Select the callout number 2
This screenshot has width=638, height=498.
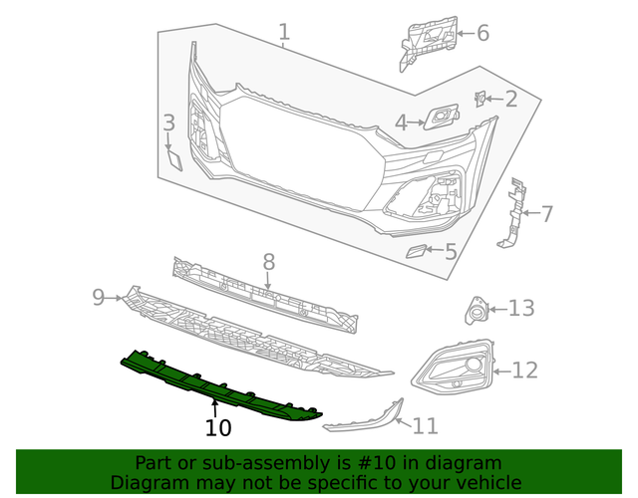[x=510, y=99]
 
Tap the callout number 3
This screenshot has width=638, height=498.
[x=168, y=124]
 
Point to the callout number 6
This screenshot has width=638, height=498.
[x=482, y=33]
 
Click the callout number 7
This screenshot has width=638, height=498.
[x=545, y=212]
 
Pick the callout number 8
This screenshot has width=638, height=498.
[x=268, y=262]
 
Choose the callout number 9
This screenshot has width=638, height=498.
[x=99, y=296]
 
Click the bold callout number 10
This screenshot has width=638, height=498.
[x=218, y=428]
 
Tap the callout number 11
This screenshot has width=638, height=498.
[x=425, y=426]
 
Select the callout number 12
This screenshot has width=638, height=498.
[x=524, y=371]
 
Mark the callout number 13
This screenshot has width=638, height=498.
[x=521, y=309]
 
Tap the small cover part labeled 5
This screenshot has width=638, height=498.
[x=416, y=251]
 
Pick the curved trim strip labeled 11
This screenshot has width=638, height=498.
[x=364, y=419]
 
